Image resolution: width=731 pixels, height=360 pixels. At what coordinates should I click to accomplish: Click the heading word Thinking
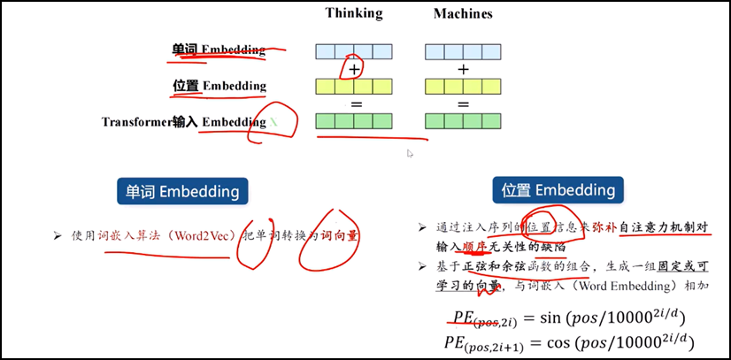(x=354, y=13)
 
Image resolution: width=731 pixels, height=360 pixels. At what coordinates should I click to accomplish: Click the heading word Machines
(x=463, y=14)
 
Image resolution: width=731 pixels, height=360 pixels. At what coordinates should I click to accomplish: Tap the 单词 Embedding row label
(x=219, y=50)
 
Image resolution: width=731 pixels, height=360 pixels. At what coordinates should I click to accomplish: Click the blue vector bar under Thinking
(x=354, y=51)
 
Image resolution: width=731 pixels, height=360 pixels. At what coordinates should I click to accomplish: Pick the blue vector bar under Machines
(x=464, y=51)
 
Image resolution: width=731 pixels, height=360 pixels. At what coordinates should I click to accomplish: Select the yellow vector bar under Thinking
(x=354, y=86)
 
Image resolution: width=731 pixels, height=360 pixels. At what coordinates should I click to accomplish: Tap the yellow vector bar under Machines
(x=464, y=86)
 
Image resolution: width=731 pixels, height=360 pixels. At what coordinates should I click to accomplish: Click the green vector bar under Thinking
(x=354, y=121)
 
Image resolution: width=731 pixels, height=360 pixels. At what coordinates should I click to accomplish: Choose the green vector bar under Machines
(x=464, y=121)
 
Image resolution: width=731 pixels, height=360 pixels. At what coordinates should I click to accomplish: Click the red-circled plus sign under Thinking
(x=354, y=69)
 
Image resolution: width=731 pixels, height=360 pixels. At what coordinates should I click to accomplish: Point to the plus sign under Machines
(x=463, y=69)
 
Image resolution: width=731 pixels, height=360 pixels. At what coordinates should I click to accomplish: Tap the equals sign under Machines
(x=463, y=103)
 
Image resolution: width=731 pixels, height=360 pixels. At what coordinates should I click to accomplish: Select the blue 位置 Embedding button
(x=558, y=190)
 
